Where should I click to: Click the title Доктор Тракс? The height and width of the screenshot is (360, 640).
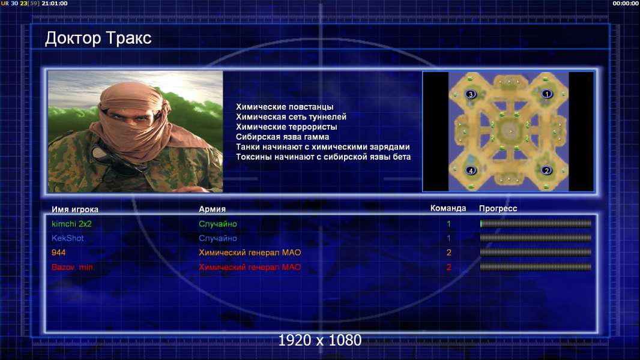[98, 38]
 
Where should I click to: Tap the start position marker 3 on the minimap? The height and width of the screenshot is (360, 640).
[471, 94]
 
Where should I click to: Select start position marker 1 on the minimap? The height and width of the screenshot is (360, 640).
[547, 94]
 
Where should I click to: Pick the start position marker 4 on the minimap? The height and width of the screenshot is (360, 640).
[471, 170]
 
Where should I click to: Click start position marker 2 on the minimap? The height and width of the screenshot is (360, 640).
[547, 170]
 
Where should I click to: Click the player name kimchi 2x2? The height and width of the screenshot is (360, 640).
[71, 224]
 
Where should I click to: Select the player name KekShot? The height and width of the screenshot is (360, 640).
[67, 238]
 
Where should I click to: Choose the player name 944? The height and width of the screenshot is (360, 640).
[58, 253]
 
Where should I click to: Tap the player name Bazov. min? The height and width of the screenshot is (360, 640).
[73, 267]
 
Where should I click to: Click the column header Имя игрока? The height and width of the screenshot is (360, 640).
[74, 209]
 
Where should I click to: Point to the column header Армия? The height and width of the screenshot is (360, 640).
[213, 209]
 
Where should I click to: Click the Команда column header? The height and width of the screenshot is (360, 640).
[448, 208]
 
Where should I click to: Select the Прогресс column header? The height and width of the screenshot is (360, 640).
[498, 208]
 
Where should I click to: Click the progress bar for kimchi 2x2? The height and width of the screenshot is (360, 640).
[536, 223]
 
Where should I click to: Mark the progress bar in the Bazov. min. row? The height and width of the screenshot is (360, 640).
[536, 267]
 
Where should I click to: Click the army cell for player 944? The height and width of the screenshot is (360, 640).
[250, 253]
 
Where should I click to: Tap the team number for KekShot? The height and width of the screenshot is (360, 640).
[448, 238]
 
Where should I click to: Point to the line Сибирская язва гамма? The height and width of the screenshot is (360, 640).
[282, 137]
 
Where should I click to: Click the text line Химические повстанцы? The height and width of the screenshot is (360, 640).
[285, 107]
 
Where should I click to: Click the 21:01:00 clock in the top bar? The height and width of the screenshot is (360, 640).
[54, 3]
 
